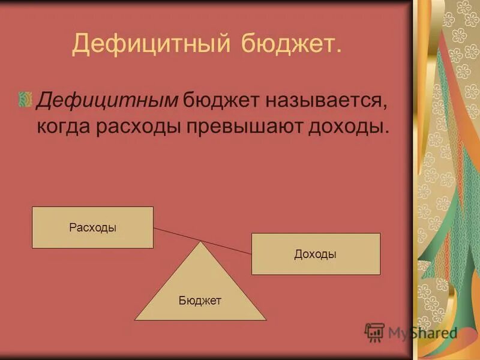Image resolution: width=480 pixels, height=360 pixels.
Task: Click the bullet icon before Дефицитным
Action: (25, 99)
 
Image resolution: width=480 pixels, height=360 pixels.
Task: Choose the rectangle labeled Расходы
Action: (92, 227)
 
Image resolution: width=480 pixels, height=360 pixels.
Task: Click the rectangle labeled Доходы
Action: (316, 254)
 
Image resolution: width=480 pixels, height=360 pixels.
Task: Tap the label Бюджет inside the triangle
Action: (200, 301)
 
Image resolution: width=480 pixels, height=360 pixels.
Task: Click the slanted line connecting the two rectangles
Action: (202, 241)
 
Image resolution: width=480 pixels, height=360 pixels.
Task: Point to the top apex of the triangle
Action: (200, 242)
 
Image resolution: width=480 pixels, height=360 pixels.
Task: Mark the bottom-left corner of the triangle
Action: (135, 320)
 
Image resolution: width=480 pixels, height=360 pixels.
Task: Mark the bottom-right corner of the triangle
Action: (266, 320)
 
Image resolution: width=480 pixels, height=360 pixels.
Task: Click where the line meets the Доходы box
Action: (251, 253)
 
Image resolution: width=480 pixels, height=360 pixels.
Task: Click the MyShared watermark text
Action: (422, 333)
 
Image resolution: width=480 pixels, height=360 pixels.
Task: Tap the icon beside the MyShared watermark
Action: (374, 332)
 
